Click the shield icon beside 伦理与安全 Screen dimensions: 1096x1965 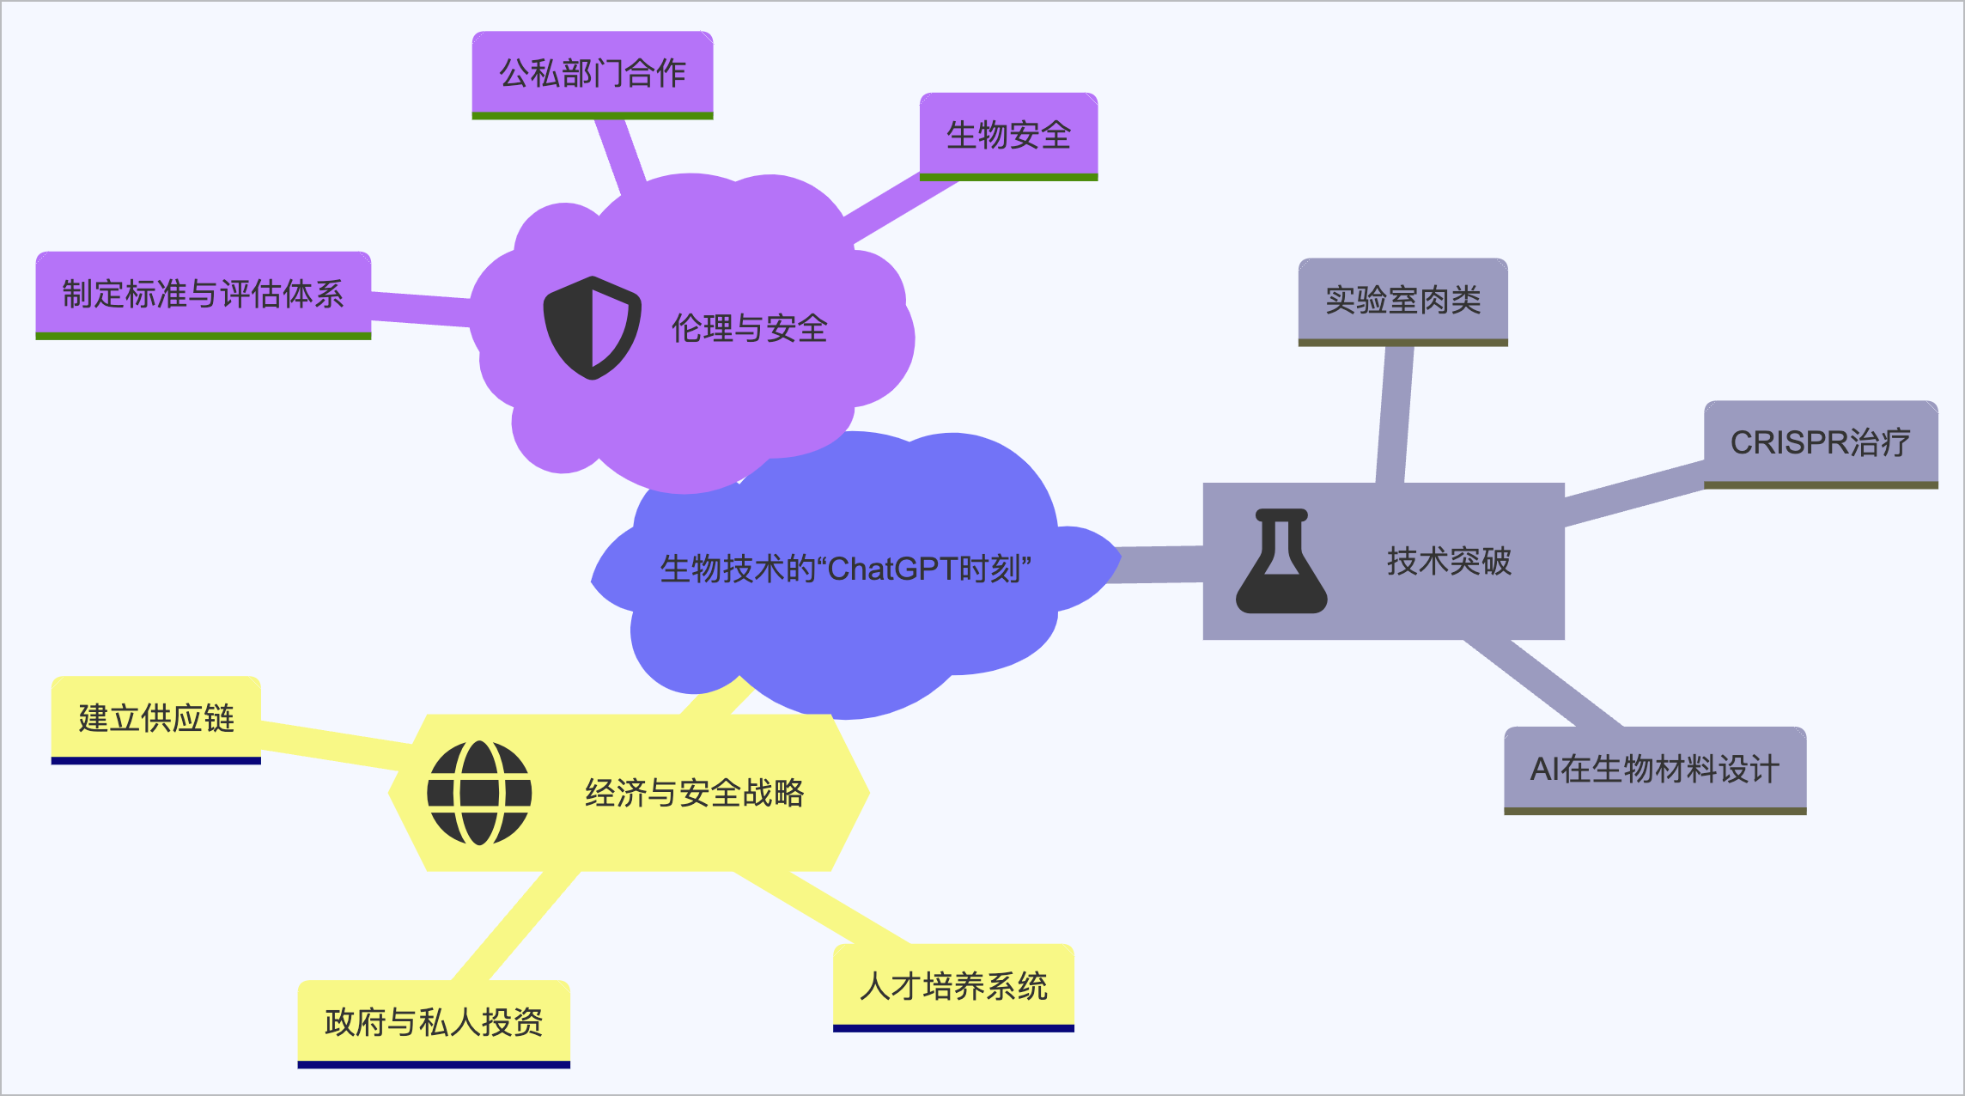click(592, 327)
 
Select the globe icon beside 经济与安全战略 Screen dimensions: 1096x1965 click(479, 793)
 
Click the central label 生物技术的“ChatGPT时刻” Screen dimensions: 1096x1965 click(845, 569)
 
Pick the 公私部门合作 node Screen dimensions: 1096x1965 click(593, 74)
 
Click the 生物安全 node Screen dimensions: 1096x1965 click(1008, 136)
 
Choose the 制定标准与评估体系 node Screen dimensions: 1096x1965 click(203, 294)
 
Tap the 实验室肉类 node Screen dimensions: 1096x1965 click(1402, 301)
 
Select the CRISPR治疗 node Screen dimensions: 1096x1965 click(1820, 443)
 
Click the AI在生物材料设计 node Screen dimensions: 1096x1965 click(1654, 769)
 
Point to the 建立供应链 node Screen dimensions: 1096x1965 click(156, 718)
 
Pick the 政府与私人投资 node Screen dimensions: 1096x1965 click(434, 1022)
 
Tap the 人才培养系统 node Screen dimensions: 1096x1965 click(953, 986)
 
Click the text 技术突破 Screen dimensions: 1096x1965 click(1449, 561)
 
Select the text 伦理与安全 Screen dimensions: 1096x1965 click(749, 328)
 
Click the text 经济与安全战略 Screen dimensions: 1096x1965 click(694, 793)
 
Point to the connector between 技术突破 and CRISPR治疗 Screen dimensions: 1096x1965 click(1633, 493)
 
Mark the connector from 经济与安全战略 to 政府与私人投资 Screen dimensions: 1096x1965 click(515, 926)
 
